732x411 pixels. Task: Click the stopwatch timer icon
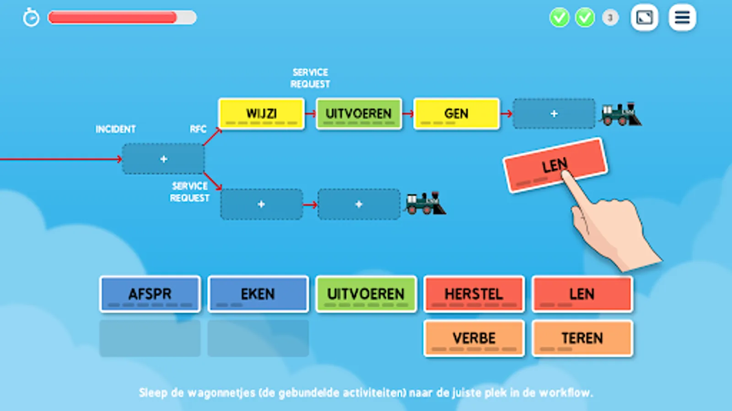point(31,18)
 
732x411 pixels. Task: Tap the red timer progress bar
point(113,18)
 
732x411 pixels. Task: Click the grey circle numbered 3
point(610,18)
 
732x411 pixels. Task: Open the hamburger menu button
point(682,18)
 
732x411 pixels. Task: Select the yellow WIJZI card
point(261,114)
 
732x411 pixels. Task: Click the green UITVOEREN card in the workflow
point(359,114)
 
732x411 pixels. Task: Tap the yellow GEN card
point(456,114)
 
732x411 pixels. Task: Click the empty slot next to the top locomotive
point(554,114)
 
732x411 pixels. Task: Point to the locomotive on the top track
point(621,114)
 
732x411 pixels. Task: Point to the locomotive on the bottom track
point(425,204)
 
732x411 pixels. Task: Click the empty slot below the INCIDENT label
point(163,159)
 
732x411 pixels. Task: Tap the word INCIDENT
point(115,129)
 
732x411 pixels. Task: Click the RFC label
point(198,129)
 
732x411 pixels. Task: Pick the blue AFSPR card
point(150,294)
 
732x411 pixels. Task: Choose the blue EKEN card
point(258,294)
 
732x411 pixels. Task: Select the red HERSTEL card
point(474,294)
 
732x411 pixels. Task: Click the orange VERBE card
point(474,338)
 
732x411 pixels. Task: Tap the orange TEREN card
point(582,338)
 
